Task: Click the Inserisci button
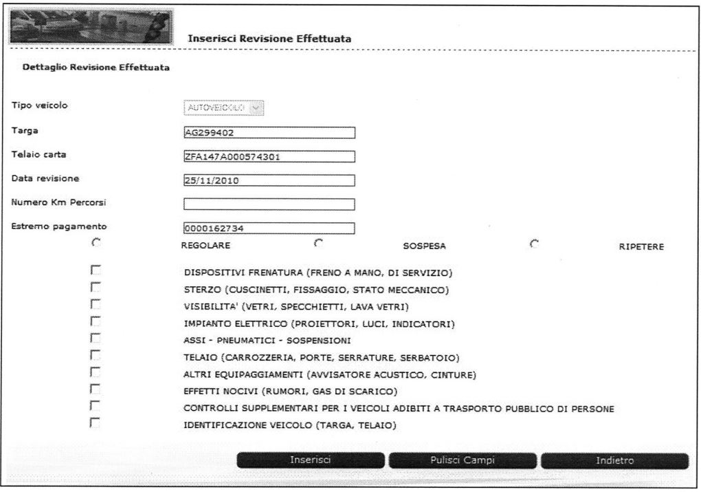(x=311, y=460)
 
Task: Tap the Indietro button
(x=614, y=460)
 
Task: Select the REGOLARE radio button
(x=96, y=242)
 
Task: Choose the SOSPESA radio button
(x=318, y=242)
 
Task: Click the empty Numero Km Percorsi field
(x=269, y=204)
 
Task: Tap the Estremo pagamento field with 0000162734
(x=269, y=228)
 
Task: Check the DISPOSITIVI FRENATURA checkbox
(x=96, y=270)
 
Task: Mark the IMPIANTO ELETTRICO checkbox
(x=96, y=321)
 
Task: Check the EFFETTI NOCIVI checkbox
(x=96, y=389)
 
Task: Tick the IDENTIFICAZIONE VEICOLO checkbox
(x=96, y=423)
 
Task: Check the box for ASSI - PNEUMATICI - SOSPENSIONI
(x=96, y=338)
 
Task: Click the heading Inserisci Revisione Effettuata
(x=269, y=39)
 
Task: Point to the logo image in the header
(x=90, y=26)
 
